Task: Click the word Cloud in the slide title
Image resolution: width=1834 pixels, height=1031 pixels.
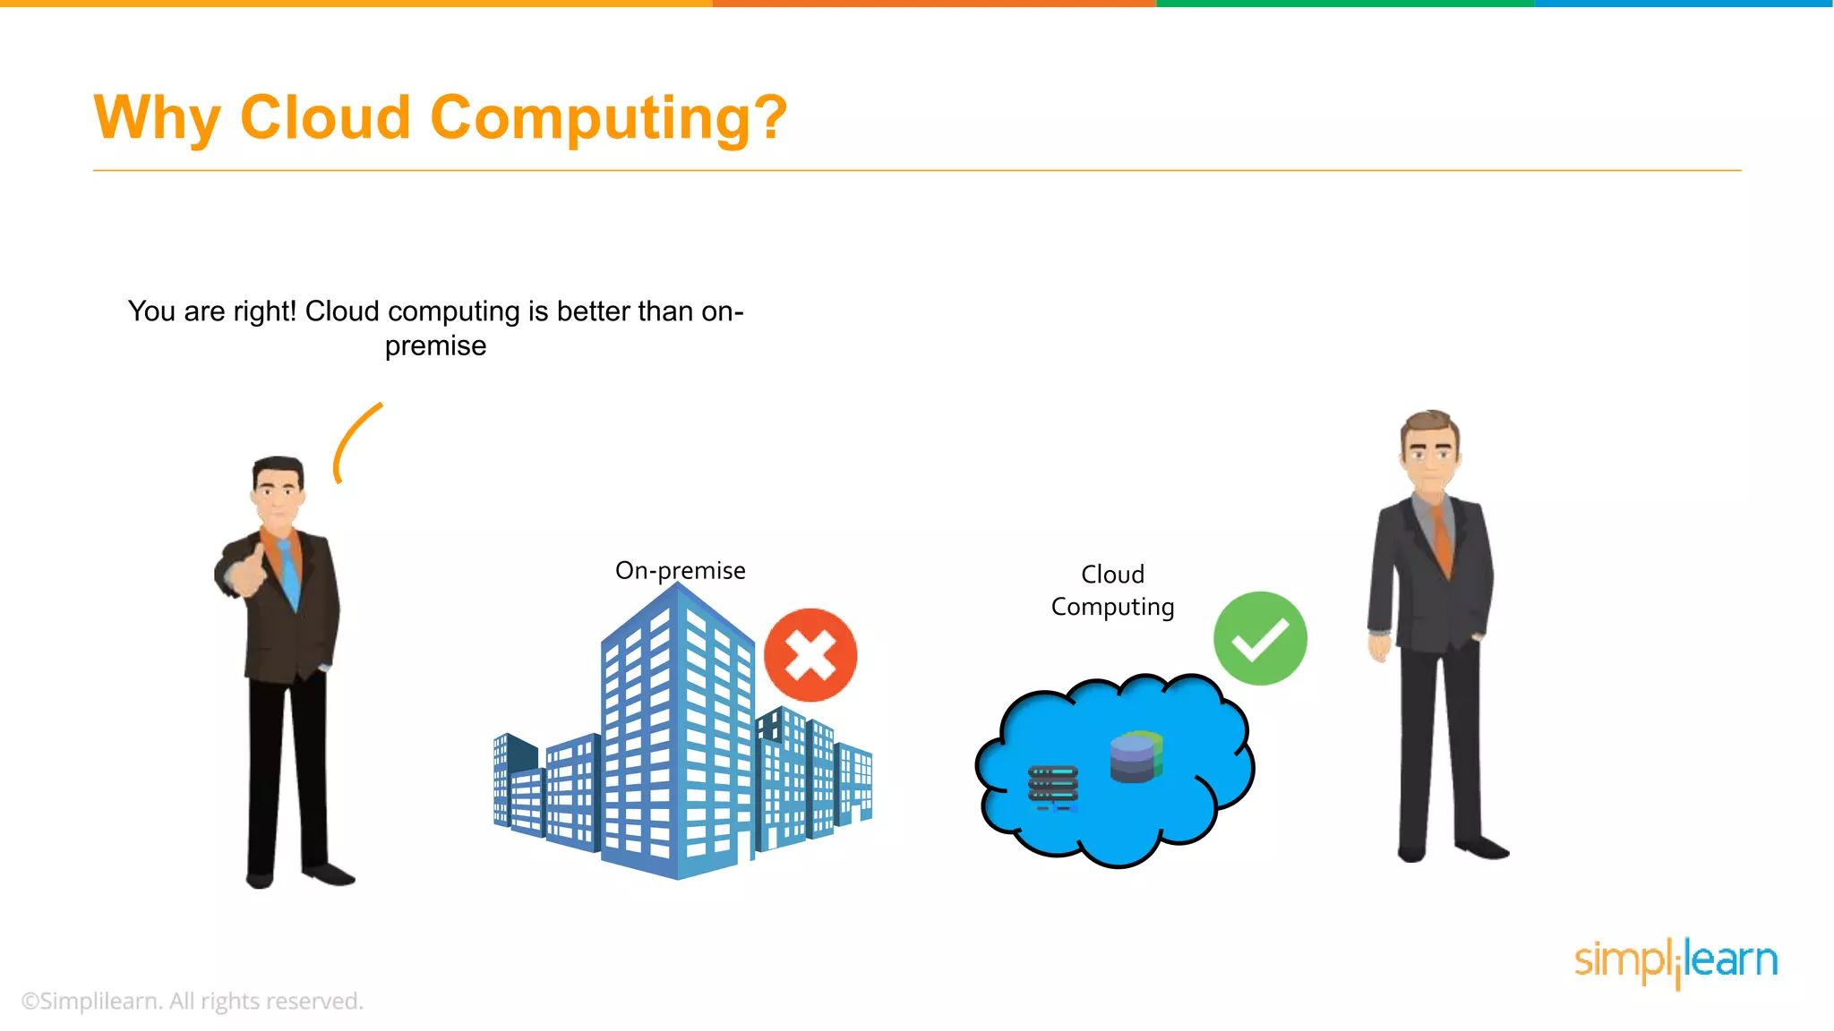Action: pyautogui.click(x=325, y=117)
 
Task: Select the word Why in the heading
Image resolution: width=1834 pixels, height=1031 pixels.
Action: pyautogui.click(x=157, y=119)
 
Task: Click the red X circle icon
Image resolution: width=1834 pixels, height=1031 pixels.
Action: pyautogui.click(x=810, y=655)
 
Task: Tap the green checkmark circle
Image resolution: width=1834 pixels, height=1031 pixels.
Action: pyautogui.click(x=1260, y=638)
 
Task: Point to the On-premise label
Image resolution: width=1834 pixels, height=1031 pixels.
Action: pyautogui.click(x=680, y=570)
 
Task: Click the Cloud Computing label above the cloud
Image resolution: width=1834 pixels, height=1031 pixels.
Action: pyautogui.click(x=1112, y=591)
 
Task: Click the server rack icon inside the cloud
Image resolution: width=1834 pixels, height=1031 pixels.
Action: pyautogui.click(x=1053, y=787)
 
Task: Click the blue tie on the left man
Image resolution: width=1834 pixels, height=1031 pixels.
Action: pyautogui.click(x=288, y=573)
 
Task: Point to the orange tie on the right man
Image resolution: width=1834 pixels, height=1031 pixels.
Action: pyautogui.click(x=1441, y=537)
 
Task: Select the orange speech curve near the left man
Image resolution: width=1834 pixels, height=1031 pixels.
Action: pyautogui.click(x=354, y=440)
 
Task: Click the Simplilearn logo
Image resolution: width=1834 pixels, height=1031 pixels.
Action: pyautogui.click(x=1675, y=961)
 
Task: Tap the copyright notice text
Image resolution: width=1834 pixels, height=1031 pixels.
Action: pyautogui.click(x=193, y=1001)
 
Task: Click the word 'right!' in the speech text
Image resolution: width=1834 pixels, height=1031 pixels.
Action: pyautogui.click(x=264, y=311)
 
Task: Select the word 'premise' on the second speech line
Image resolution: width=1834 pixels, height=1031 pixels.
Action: pyautogui.click(x=435, y=345)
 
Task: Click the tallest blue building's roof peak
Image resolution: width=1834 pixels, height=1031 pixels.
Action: pyautogui.click(x=679, y=587)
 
